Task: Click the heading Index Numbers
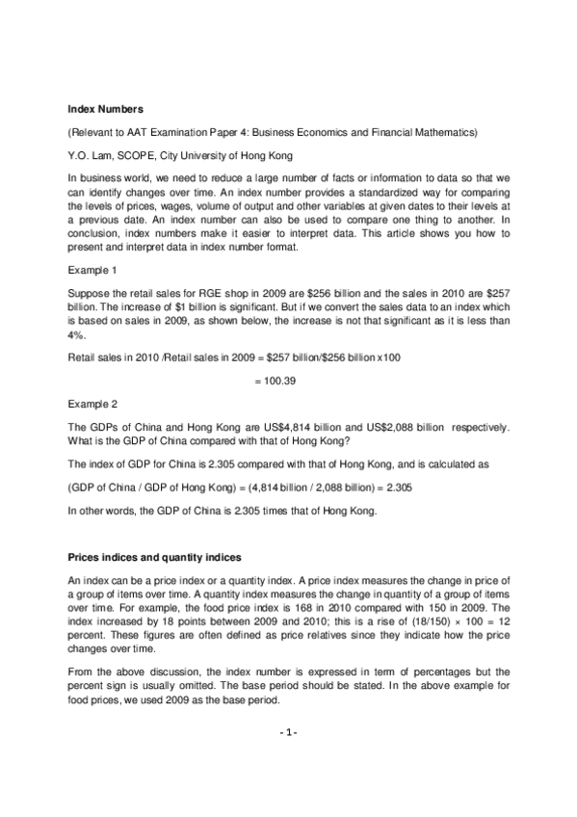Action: pos(104,109)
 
